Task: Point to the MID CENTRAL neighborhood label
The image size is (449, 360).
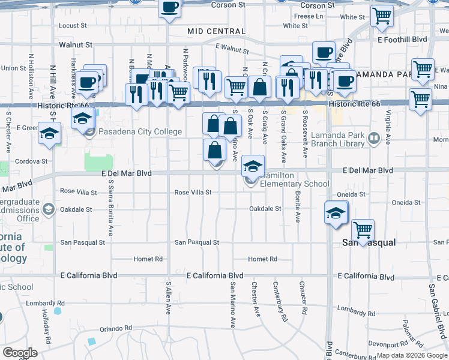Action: (x=216, y=31)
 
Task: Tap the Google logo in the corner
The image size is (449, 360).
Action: (x=20, y=353)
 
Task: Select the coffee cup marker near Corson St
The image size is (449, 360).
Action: (x=170, y=8)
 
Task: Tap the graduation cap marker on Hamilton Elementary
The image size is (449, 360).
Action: (x=253, y=165)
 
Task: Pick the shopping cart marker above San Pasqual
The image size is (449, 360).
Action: (x=363, y=230)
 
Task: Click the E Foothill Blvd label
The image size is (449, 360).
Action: (x=402, y=39)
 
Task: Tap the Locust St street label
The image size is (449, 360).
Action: (x=73, y=26)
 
